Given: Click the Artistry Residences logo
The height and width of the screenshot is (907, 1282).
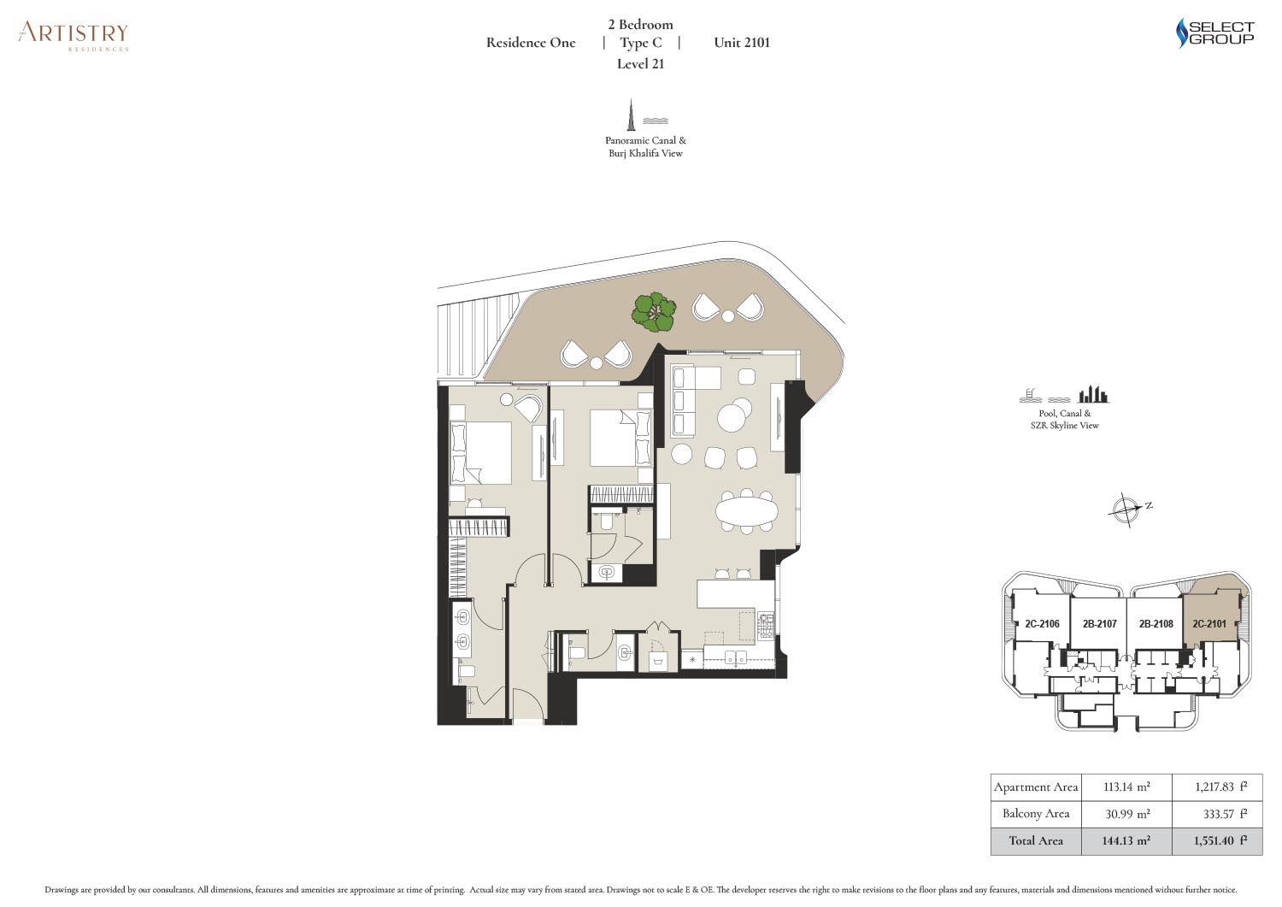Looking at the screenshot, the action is (x=74, y=36).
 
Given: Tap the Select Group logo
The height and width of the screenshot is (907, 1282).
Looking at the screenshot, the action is (x=1215, y=32).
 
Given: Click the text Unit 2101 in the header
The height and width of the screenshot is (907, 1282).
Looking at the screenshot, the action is (x=742, y=43).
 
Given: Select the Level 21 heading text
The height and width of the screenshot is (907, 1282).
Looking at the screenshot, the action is (x=640, y=63).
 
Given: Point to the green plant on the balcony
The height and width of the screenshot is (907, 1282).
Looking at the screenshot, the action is (x=654, y=312).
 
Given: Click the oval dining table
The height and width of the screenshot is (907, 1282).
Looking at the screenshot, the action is (x=746, y=509).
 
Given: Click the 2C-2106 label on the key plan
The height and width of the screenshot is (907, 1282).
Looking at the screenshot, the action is (x=1042, y=623).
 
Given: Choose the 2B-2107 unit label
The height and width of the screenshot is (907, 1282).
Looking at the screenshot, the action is (x=1099, y=623).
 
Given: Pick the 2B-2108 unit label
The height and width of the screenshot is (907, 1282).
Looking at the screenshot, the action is (x=1156, y=623).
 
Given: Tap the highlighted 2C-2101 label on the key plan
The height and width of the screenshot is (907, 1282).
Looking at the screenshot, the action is (x=1208, y=623).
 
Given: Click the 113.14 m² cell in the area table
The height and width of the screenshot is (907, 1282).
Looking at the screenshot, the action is (x=1126, y=786).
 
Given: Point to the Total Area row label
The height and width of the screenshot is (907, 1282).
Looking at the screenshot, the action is (x=1036, y=841).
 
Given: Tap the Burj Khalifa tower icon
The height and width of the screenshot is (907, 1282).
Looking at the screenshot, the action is (x=632, y=115).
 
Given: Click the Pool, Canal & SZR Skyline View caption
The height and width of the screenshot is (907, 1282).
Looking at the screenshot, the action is (x=1065, y=419).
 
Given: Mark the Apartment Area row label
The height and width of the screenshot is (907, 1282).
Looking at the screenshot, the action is (x=1036, y=787).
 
